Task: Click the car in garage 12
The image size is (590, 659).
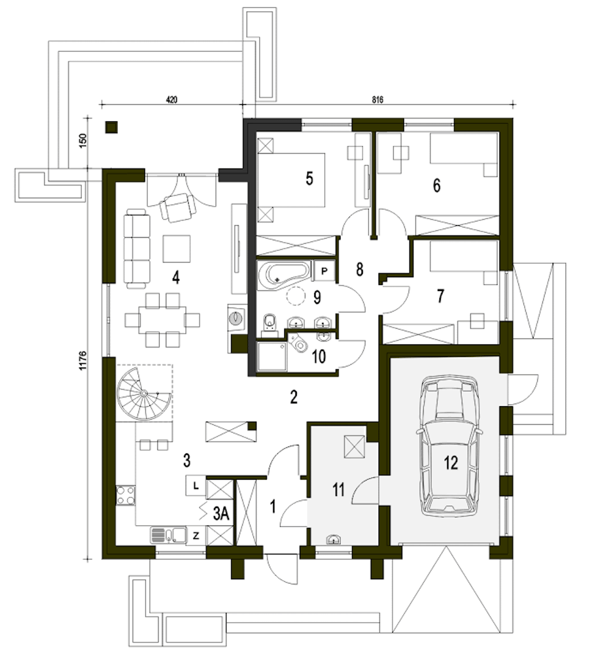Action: [449, 444]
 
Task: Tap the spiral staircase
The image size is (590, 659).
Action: [143, 393]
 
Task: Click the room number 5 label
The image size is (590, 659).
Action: [309, 178]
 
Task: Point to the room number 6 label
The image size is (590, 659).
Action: [437, 185]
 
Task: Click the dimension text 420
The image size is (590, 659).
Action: [171, 100]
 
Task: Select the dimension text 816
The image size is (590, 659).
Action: [378, 100]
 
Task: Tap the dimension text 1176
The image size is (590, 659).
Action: [83, 360]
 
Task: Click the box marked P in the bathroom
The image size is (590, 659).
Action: [324, 271]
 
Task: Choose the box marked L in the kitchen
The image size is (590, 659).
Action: [195, 486]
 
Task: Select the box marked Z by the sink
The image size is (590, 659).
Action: [196, 536]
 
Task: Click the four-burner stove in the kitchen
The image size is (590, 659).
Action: [125, 495]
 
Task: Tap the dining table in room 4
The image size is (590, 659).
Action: [162, 320]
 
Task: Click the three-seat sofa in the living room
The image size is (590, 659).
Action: [137, 249]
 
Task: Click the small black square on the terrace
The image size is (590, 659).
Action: [111, 127]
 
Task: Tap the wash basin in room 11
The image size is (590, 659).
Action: [334, 540]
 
